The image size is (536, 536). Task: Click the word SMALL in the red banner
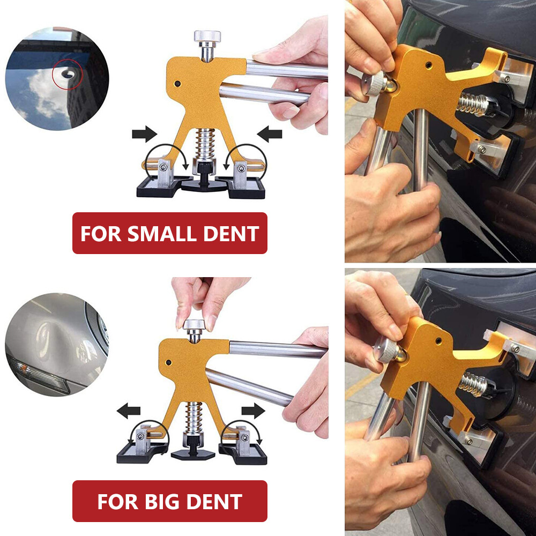[x=162, y=234]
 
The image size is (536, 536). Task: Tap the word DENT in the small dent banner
[x=231, y=234]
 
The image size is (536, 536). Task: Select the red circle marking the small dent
[x=68, y=74]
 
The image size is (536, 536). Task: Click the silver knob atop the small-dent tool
[x=207, y=36]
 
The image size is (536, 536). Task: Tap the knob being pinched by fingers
[x=194, y=325]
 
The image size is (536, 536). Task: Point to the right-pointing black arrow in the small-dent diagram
[x=144, y=133]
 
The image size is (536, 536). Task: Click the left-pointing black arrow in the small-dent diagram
[x=270, y=133]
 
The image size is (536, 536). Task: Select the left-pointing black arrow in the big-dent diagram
[x=129, y=411]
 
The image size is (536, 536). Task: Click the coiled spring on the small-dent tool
[x=205, y=144]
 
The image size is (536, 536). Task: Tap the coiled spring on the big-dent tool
[x=194, y=418]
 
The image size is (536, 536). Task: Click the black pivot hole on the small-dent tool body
[x=177, y=84]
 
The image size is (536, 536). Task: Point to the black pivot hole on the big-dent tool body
[x=168, y=362]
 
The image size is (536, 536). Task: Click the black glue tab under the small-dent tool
[x=204, y=184]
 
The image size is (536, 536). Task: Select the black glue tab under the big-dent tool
[x=193, y=454]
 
